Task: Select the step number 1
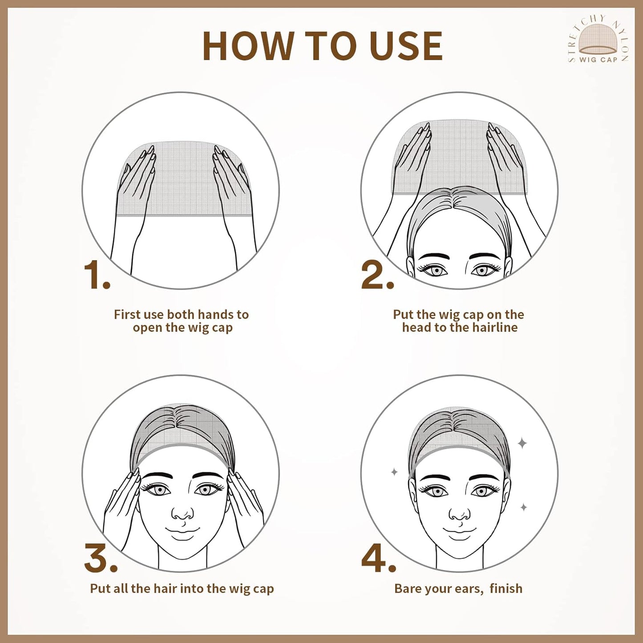coord(97,275)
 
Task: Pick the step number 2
coord(378,275)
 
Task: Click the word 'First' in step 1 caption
coord(127,315)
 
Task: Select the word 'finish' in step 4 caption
coord(506,588)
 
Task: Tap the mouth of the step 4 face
coord(460,530)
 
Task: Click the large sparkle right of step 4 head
coord(522,444)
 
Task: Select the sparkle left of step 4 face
coord(394,472)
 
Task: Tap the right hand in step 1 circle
coord(234,200)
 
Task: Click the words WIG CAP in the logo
coord(599,60)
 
